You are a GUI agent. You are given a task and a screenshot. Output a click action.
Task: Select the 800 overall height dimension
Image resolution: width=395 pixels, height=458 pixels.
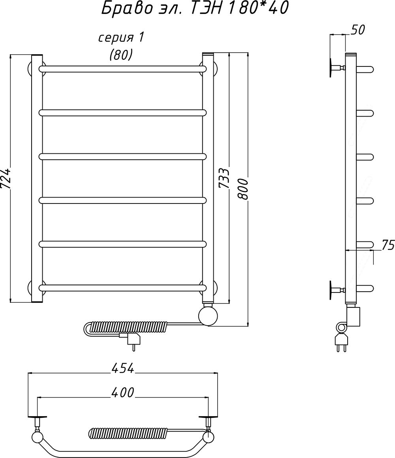243,189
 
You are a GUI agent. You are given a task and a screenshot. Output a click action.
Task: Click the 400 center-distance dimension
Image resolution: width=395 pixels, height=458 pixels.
122,392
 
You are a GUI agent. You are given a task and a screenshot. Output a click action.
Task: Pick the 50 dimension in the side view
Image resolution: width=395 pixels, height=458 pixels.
357,30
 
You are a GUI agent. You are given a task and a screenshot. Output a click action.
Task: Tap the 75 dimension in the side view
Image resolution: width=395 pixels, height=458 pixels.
388,245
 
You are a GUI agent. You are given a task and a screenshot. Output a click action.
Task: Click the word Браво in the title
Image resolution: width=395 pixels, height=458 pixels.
127,8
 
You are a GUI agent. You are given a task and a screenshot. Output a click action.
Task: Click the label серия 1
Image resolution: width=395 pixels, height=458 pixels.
121,38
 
